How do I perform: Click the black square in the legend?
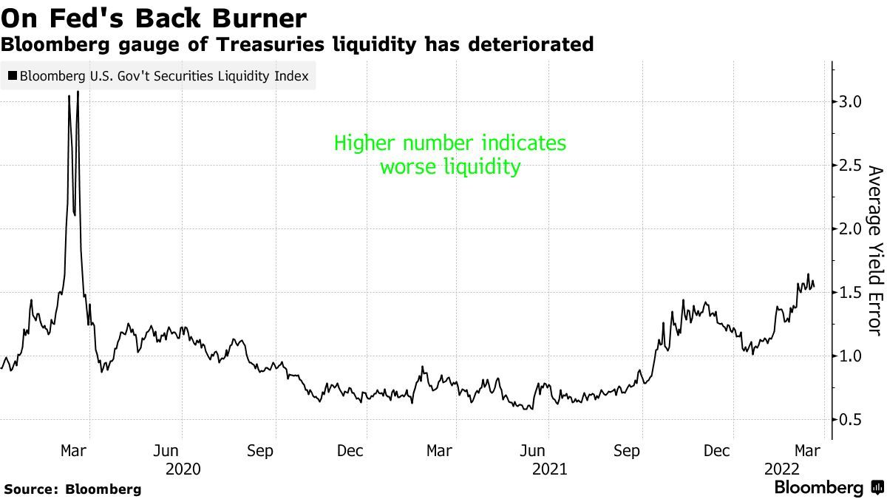coord(13,75)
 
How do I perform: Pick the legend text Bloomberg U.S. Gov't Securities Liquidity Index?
coord(164,75)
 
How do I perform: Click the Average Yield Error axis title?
coord(874,251)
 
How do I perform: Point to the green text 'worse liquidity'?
coord(450,167)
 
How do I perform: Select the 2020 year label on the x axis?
coord(183,469)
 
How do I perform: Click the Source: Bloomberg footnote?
coord(72,489)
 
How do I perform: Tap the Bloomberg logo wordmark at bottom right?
coord(818,488)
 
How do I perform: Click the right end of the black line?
coord(814,287)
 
